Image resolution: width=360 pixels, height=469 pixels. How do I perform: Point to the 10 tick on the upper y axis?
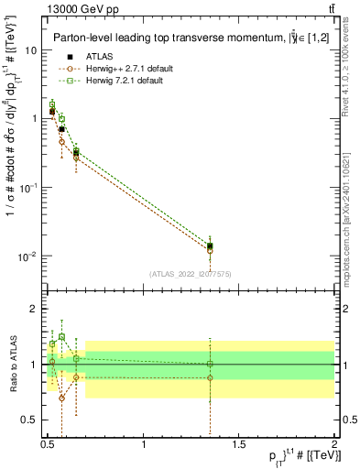click(31, 50)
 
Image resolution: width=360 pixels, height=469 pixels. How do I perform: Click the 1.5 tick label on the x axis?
click(239, 443)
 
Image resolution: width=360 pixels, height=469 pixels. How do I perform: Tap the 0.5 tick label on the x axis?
click(49, 443)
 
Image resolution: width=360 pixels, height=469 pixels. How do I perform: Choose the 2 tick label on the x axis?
click(333, 443)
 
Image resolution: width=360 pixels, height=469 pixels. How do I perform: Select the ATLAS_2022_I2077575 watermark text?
click(190, 274)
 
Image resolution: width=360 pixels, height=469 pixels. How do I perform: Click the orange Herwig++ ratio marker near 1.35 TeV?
click(211, 377)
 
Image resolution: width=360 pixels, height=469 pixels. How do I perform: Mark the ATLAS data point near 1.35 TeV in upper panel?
click(211, 245)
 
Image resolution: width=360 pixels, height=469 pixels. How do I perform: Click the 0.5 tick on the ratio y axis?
click(30, 420)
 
